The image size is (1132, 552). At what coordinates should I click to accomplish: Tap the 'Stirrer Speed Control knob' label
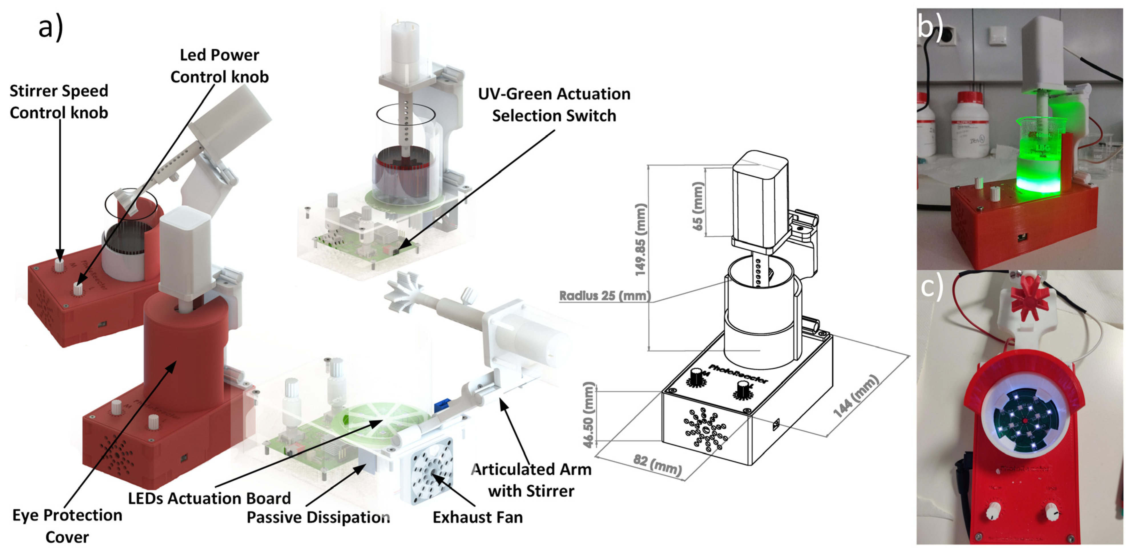tap(59, 102)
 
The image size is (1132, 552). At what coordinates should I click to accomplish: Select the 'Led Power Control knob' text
tap(219, 66)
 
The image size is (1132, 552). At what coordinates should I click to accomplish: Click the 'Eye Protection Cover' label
tap(67, 526)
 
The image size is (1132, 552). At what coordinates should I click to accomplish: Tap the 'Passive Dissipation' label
tap(318, 517)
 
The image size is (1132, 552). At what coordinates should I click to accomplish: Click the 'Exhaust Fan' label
tap(478, 517)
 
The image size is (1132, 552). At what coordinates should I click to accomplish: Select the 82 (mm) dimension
tap(657, 466)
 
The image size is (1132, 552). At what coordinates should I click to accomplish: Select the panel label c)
tap(932, 286)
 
